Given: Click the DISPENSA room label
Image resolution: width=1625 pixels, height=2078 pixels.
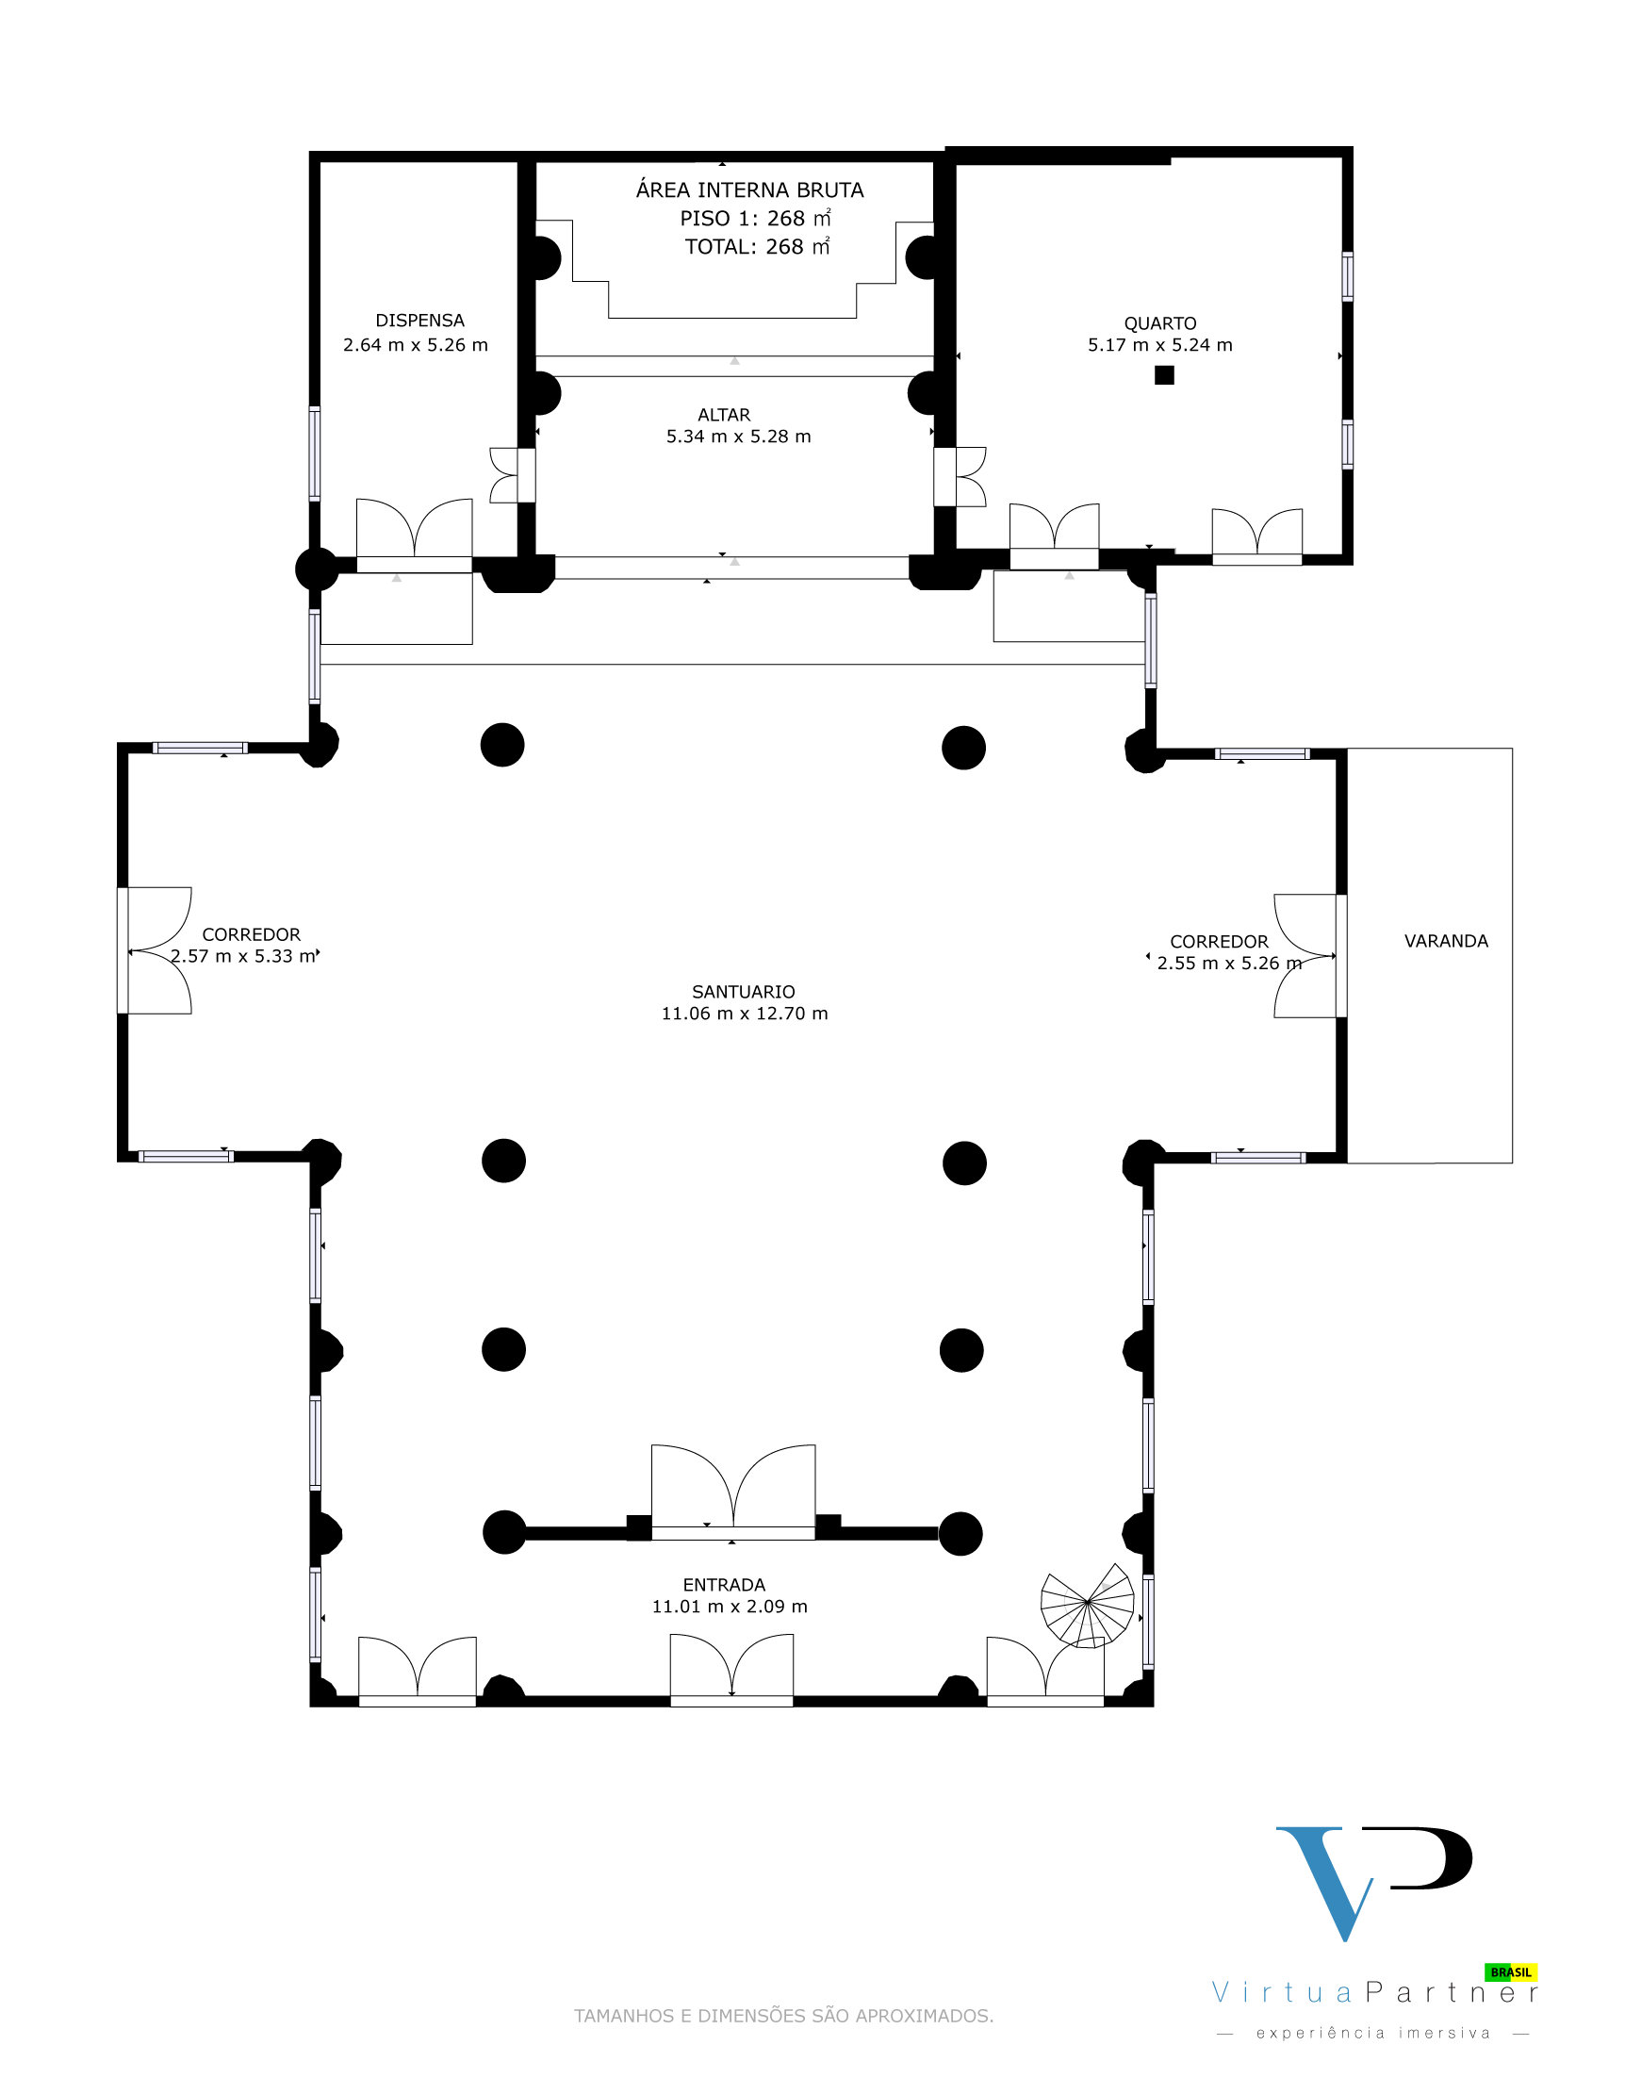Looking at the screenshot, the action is (419, 321).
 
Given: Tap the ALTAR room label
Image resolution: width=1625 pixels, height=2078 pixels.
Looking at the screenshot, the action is (724, 415).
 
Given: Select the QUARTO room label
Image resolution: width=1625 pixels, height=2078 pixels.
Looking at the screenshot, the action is (1159, 323).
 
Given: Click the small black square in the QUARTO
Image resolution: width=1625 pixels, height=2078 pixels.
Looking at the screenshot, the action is (1164, 375).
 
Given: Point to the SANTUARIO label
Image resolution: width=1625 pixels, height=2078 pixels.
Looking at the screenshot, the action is (743, 992).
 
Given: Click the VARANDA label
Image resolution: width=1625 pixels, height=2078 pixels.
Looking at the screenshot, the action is (1446, 941).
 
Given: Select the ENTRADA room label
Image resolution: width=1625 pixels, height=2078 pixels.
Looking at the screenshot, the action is (724, 1584).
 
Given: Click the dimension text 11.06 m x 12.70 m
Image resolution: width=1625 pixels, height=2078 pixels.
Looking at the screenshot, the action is (745, 1014).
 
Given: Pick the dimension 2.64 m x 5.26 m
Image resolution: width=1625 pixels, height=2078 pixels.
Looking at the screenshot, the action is (416, 344).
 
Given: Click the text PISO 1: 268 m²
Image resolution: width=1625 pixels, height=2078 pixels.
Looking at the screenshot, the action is (755, 218).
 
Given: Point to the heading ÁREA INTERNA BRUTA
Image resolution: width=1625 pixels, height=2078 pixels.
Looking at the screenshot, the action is (749, 190).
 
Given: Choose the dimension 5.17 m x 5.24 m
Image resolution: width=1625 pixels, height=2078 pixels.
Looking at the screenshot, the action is (1159, 344).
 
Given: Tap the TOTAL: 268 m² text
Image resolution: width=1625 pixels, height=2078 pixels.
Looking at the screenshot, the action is (757, 246).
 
